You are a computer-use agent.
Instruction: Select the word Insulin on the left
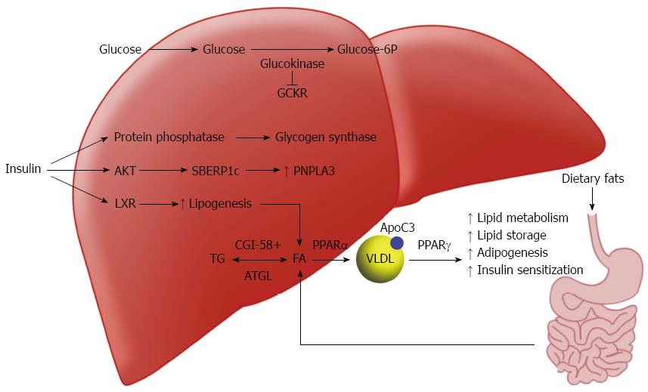pos(23,171)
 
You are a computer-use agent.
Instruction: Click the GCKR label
pos(293,94)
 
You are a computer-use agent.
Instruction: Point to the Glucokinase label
pos(292,64)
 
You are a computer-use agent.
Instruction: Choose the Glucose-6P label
pos(367,50)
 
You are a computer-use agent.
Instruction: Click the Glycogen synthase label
pos(325,137)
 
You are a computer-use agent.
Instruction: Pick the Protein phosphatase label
pos(169,137)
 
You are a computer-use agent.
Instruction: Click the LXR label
pos(125,203)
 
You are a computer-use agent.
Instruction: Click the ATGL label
pos(258,276)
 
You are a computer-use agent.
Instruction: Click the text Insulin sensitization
pos(530,270)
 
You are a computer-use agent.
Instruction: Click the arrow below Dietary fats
pos(592,199)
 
